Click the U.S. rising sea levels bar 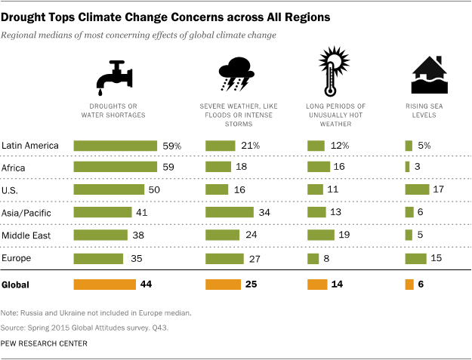[417, 189]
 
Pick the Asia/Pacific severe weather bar [230, 212]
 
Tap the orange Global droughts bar [103, 285]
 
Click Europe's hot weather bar [313, 258]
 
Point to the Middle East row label [26, 235]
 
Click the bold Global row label [17, 285]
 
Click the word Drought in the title [27, 14]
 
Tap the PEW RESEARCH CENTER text [45, 343]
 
